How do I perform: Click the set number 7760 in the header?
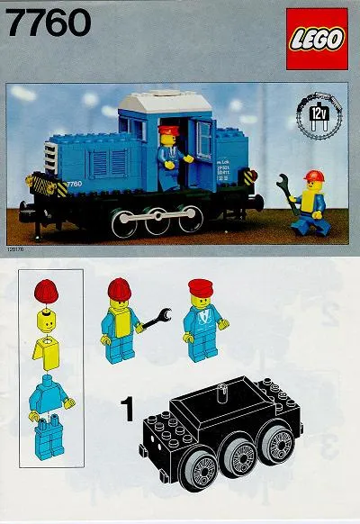[x=49, y=22]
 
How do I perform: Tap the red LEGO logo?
[x=317, y=39]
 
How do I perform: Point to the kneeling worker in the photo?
[x=310, y=202]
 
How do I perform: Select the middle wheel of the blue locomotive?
[x=159, y=219]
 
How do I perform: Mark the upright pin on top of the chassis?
[x=220, y=389]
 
